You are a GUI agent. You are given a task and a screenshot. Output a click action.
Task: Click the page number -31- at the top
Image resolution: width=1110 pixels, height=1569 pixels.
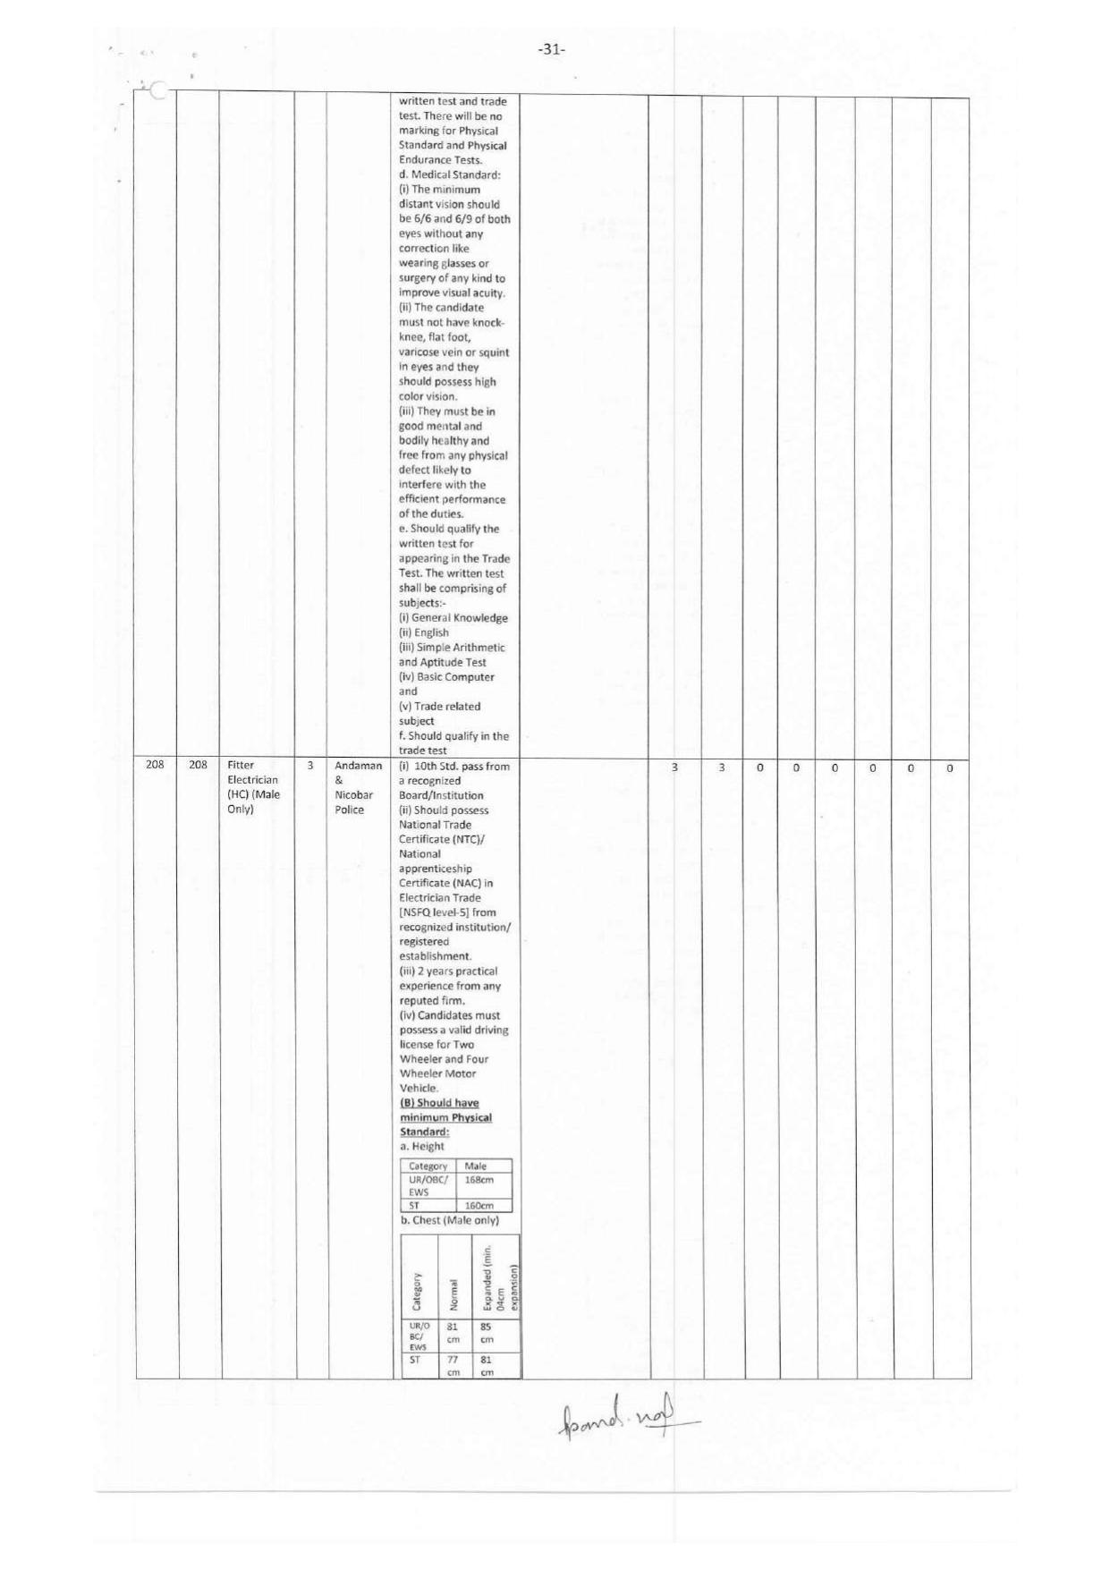click(552, 50)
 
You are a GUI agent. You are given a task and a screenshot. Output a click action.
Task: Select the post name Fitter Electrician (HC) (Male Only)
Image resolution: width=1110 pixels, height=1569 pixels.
click(254, 787)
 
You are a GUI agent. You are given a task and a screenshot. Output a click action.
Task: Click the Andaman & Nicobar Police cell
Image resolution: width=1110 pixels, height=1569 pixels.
click(358, 787)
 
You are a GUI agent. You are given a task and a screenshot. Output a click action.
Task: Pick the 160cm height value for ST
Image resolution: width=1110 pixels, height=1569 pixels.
click(479, 1205)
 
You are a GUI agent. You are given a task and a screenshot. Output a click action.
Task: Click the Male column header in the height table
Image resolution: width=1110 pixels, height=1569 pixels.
click(476, 1166)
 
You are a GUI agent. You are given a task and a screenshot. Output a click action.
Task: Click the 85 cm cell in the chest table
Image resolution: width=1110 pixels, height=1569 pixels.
click(487, 1332)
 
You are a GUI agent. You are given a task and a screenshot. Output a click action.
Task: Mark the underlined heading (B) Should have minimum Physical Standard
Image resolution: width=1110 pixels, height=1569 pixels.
click(445, 1117)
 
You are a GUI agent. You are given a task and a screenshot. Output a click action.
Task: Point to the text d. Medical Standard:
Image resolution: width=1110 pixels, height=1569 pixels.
click(449, 174)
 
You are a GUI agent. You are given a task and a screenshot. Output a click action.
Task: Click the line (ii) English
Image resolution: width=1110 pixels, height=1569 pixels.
click(423, 632)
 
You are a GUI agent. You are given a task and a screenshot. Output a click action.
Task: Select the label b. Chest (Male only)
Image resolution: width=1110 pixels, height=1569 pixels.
click(448, 1220)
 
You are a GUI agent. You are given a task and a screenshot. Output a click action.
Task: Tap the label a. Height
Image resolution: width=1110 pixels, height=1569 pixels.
click(422, 1146)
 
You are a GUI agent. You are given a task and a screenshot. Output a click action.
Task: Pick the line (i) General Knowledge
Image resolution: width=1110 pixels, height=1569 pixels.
click(453, 617)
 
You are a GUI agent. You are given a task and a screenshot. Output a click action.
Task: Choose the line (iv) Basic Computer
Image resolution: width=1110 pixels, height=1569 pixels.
click(446, 677)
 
